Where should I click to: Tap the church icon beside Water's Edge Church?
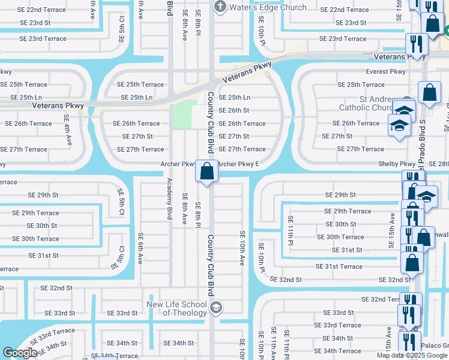pos(220,7)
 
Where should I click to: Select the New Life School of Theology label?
pos(176,308)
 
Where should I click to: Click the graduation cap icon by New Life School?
pos(216,308)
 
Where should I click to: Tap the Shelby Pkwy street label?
pos(396,164)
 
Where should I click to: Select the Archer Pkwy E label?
pos(238,164)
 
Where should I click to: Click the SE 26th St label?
pos(234,110)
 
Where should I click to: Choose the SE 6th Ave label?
pos(140,248)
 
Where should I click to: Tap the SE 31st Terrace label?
pos(339,266)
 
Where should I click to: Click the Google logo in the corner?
pos(20,353)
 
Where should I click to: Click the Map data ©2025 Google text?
pos(412,356)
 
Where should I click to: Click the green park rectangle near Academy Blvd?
pos(184,114)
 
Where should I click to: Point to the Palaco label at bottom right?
pos(437,345)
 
